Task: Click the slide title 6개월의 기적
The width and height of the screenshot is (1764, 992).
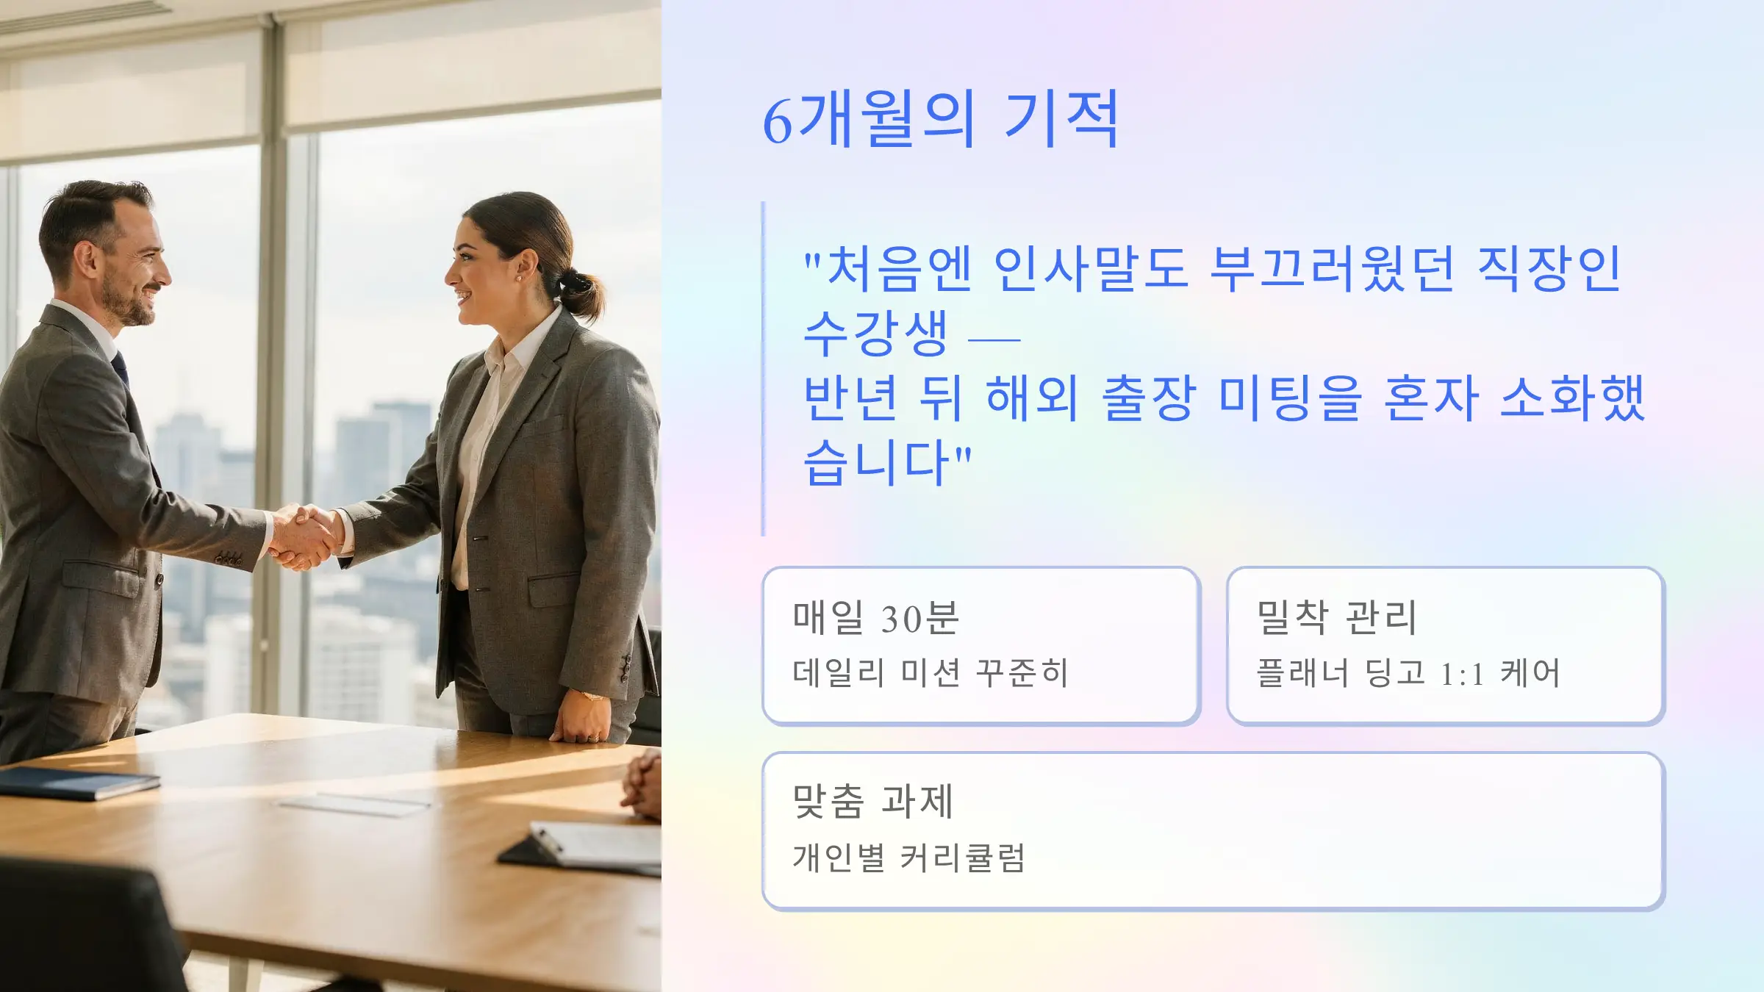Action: (x=941, y=119)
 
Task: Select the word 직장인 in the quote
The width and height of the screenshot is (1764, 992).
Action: (x=1549, y=269)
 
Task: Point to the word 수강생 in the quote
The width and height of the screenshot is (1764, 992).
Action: (x=876, y=334)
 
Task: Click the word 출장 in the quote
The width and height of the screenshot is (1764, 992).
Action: (x=1148, y=398)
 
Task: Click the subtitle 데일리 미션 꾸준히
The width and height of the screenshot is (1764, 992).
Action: (x=931, y=673)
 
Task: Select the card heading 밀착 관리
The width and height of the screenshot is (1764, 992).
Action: (x=1337, y=618)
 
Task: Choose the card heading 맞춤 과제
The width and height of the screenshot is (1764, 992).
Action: (x=873, y=802)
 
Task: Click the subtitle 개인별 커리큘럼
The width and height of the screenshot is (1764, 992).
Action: (x=909, y=858)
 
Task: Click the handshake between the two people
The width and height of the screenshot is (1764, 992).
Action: (x=305, y=536)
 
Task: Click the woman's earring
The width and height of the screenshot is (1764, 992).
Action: (x=520, y=278)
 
